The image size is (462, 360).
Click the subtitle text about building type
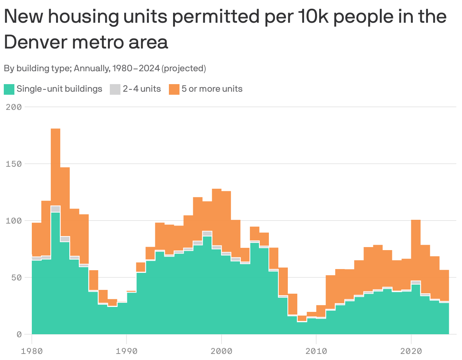[105, 69]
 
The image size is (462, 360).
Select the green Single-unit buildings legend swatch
[9, 89]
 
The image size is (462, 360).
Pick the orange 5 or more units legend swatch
[174, 89]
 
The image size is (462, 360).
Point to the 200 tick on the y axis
[14, 107]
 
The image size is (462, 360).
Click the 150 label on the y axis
[14, 164]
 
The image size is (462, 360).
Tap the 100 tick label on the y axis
[14, 221]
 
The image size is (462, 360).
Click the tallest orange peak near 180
[55, 167]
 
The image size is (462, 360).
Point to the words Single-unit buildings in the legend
[59, 89]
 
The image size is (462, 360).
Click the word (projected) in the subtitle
[184, 69]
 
